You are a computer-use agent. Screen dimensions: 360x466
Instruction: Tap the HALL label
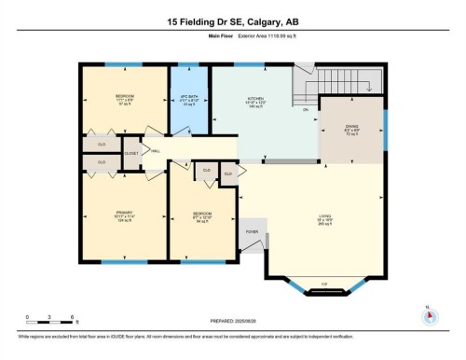(155, 151)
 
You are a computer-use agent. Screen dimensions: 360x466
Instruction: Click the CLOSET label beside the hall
(131, 152)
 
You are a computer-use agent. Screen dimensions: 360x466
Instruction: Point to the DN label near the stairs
(304, 109)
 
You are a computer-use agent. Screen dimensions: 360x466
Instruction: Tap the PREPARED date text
(233, 322)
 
